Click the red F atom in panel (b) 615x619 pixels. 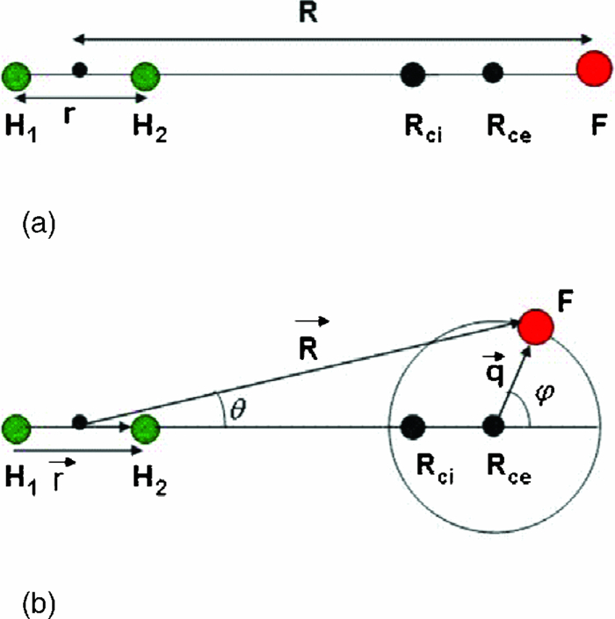click(535, 326)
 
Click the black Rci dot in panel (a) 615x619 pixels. click(411, 75)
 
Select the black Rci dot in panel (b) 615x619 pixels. click(411, 428)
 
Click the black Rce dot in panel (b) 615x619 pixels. click(493, 428)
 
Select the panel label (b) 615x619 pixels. click(38, 604)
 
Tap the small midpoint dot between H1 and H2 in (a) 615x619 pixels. click(79, 69)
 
